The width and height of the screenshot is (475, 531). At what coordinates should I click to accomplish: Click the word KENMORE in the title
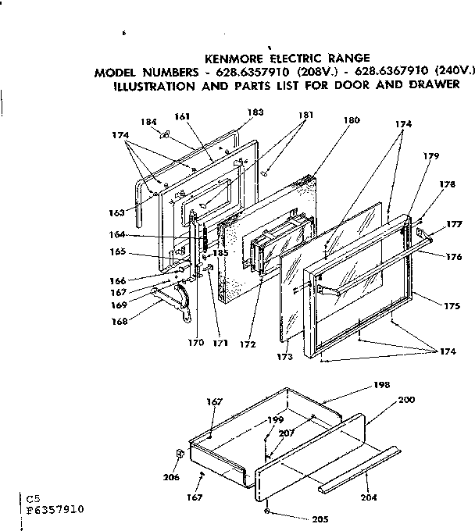[x=232, y=57]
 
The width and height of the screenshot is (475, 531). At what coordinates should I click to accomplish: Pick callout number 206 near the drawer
[x=171, y=477]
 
